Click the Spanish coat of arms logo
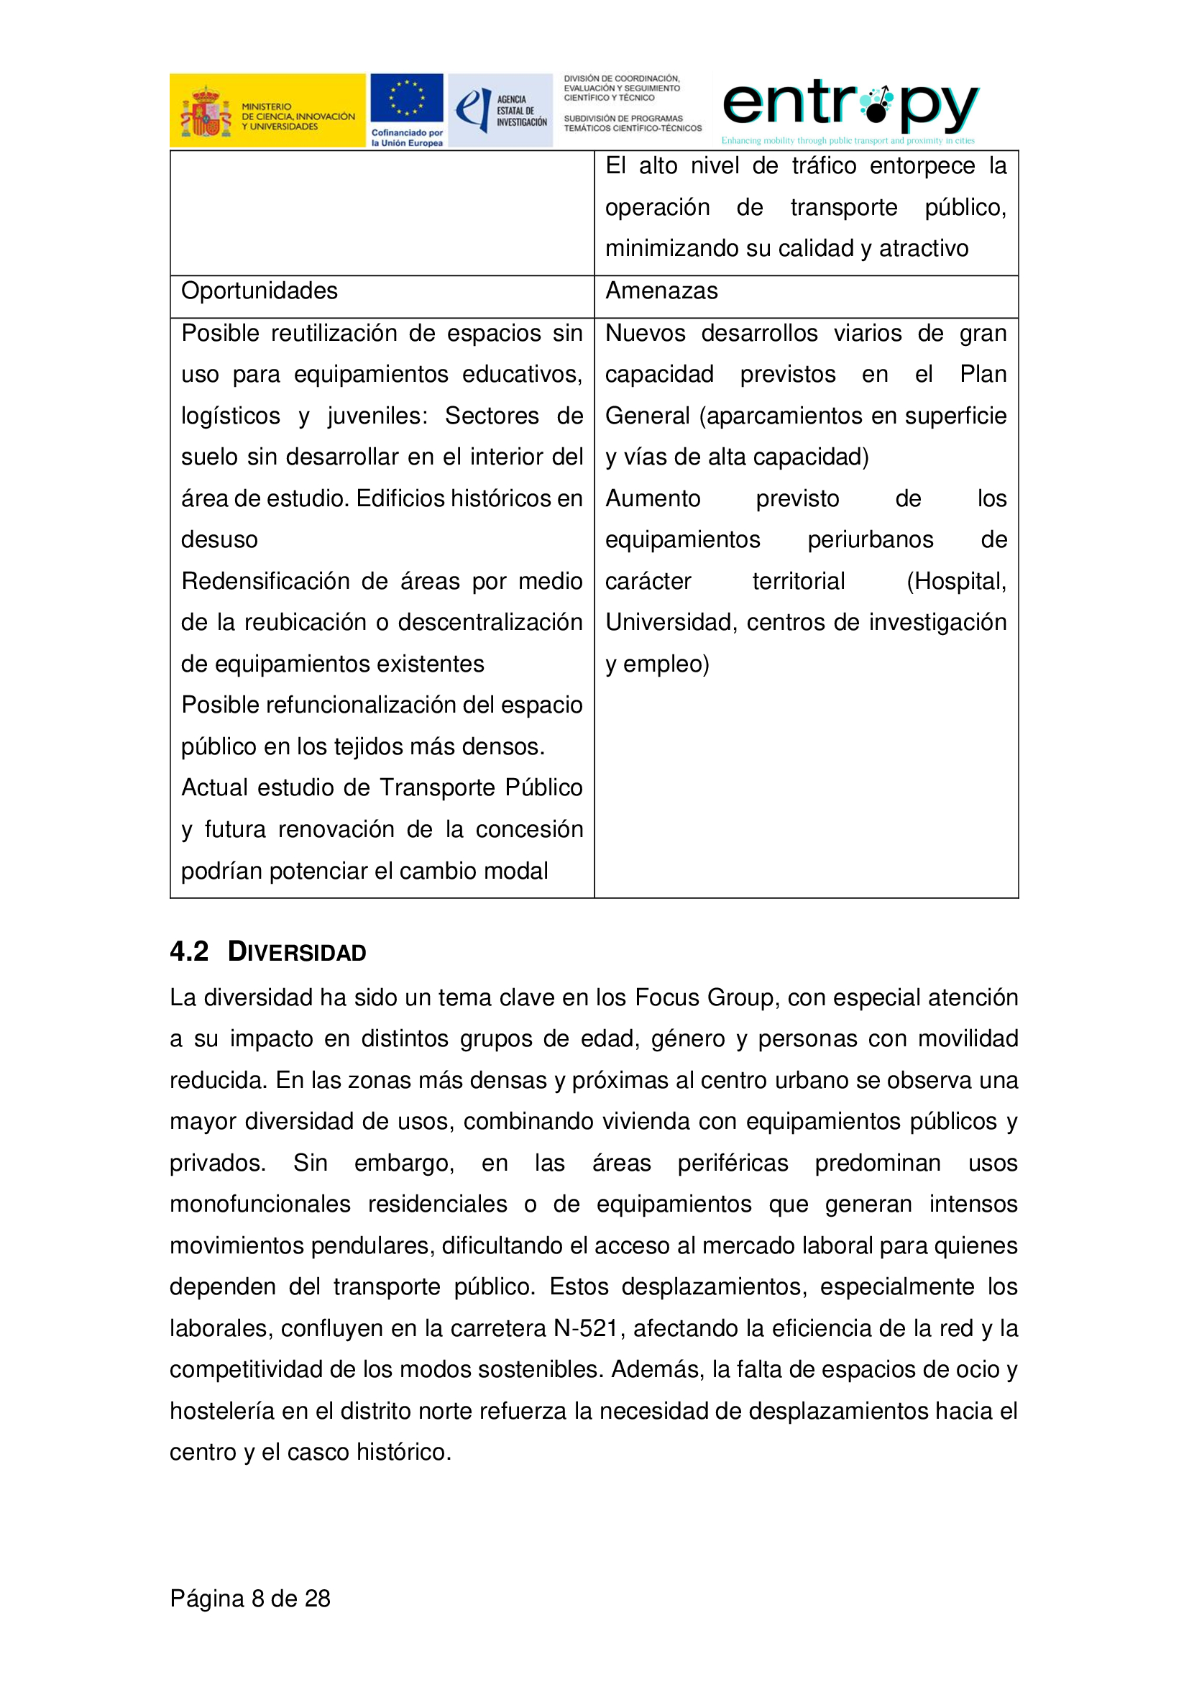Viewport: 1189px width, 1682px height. click(206, 112)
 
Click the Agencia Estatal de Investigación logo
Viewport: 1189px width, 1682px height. click(500, 110)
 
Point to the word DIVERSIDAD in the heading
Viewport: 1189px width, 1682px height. click(296, 951)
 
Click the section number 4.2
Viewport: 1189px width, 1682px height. click(189, 951)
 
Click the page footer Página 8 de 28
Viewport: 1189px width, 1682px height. click(249, 1598)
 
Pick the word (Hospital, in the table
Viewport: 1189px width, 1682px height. click(955, 581)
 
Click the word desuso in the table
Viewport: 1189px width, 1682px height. click(219, 540)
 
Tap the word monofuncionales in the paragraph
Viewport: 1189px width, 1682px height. click(260, 1204)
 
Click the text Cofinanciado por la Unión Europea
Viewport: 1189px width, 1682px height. click(406, 138)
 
